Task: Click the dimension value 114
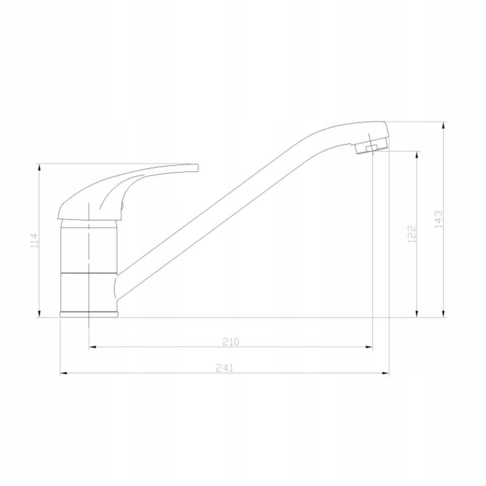tap(35, 240)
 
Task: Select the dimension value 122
tap(411, 234)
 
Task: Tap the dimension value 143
tap(439, 219)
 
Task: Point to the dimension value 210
tap(231, 342)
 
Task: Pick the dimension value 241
tap(224, 369)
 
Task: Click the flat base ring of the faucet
tap(89, 315)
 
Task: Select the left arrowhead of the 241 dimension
tap(63, 373)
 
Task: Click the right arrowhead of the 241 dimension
tap(386, 373)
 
